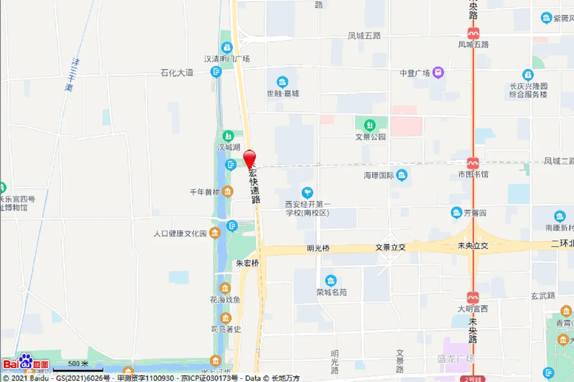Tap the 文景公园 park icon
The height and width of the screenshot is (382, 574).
coord(370,124)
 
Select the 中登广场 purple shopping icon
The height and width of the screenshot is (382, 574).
coord(438,72)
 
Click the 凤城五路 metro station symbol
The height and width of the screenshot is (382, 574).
coord(473,33)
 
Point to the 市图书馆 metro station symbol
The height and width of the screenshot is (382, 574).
coord(473,163)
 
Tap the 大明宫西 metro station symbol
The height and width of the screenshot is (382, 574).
coord(473,297)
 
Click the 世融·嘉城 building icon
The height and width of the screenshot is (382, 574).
coord(282,82)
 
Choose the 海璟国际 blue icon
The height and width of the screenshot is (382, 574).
coord(402,175)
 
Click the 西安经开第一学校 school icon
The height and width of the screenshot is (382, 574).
coord(307,192)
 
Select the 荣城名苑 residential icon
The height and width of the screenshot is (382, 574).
coord(330,281)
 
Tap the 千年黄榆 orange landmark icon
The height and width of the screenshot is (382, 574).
coord(228,192)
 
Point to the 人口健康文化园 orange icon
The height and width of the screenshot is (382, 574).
coord(214,233)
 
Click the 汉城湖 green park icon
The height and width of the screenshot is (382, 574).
coord(228,136)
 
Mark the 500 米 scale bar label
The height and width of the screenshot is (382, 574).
coord(78,364)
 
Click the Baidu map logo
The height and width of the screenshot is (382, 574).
coord(25,362)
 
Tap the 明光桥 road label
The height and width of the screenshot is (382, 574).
coord(318,248)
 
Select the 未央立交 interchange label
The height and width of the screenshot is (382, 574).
coord(473,246)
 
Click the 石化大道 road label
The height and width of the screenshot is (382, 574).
coord(177,73)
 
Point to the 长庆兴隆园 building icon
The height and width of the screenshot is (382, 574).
coord(528,75)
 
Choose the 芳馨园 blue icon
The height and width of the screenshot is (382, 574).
coord(456,212)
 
